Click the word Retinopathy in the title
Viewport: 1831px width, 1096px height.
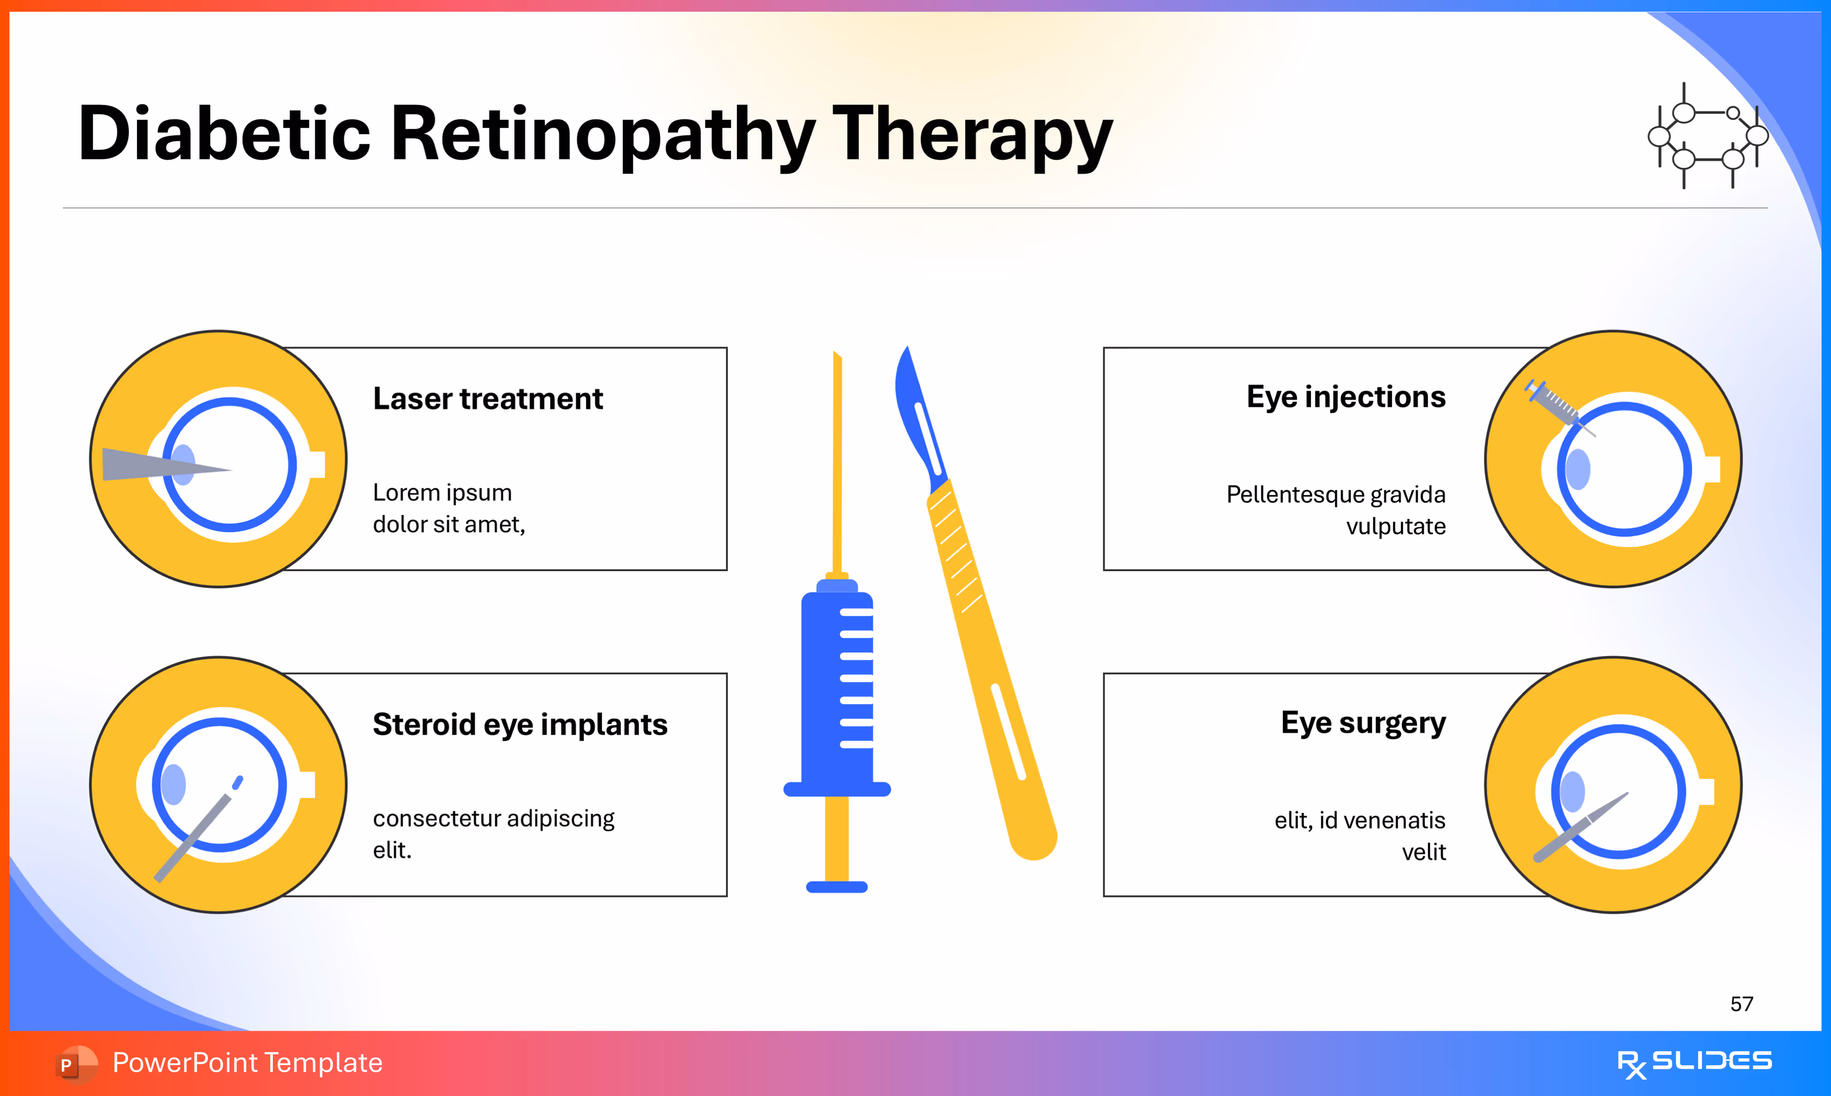tap(602, 134)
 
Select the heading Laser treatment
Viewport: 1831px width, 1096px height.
tap(487, 399)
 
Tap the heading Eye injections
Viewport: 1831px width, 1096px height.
tap(1345, 397)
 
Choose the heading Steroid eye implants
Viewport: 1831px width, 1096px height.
tap(520, 724)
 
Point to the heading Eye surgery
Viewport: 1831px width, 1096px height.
tap(1363, 723)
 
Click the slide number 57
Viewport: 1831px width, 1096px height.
tap(1741, 1004)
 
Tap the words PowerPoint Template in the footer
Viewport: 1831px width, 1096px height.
tap(247, 1063)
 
